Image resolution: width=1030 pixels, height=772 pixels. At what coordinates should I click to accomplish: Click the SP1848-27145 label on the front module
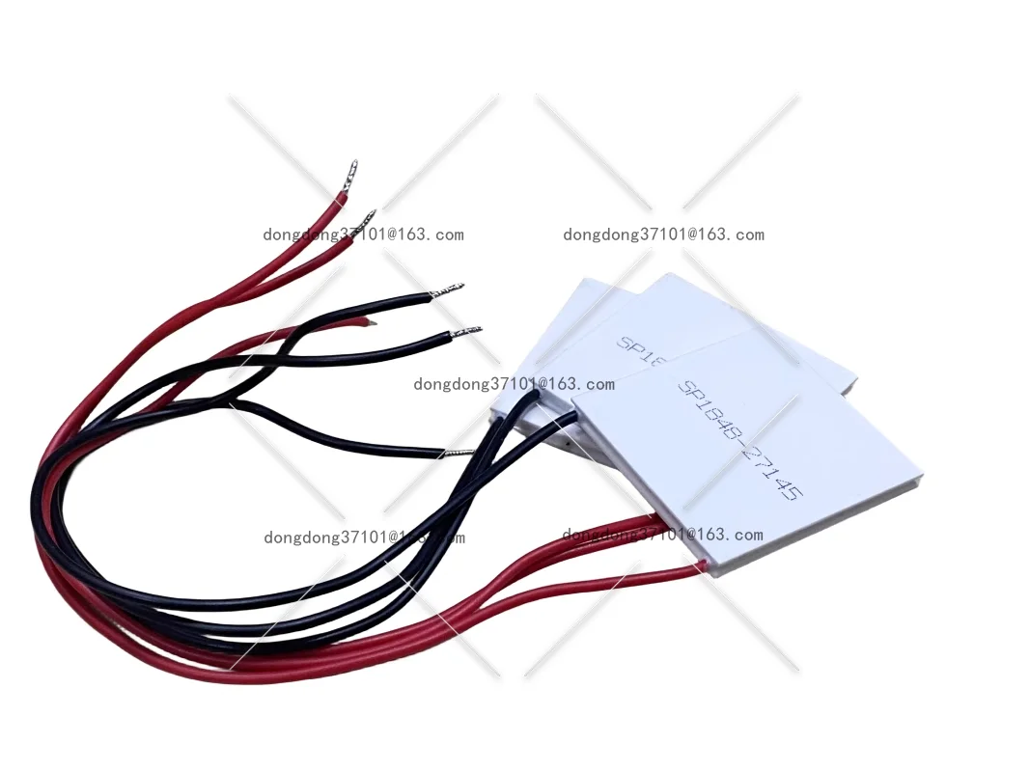[x=739, y=439]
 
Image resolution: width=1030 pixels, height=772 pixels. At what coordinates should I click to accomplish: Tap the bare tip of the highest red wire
[x=352, y=170]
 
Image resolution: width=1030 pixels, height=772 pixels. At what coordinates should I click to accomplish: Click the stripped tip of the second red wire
[x=368, y=217]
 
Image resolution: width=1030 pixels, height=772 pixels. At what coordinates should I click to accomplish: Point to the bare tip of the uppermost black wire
[x=450, y=289]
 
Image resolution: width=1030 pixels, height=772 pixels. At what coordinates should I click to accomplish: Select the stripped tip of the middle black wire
[x=469, y=331]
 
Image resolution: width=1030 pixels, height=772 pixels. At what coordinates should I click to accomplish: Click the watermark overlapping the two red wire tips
[x=363, y=234]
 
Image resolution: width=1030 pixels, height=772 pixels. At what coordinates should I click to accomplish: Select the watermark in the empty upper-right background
[x=663, y=234]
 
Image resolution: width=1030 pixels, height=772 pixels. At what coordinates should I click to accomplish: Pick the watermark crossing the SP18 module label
[x=514, y=384]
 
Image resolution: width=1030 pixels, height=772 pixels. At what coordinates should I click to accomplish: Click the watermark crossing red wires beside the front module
[x=662, y=535]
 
